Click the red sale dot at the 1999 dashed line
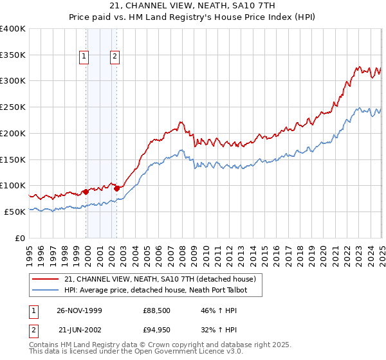(x=86, y=192)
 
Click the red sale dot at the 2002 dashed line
(x=116, y=188)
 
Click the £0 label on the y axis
(x=19, y=238)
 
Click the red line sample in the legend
(x=46, y=279)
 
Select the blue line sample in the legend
(x=46, y=291)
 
